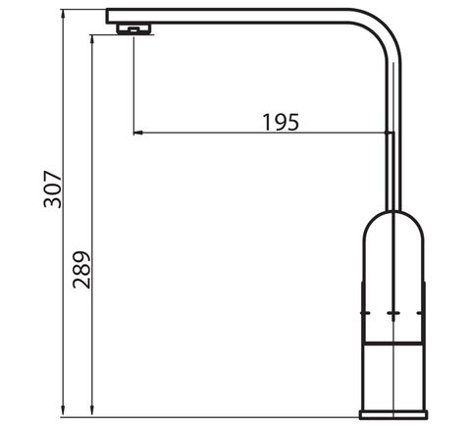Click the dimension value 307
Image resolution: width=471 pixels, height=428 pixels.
(53, 189)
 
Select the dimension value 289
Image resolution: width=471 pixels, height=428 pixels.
(81, 270)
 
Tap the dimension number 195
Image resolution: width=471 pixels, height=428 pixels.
(281, 122)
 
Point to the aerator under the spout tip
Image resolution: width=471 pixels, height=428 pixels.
(134, 28)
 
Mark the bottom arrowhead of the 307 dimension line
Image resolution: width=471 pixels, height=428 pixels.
(64, 412)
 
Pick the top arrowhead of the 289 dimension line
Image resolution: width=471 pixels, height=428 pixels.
(92, 40)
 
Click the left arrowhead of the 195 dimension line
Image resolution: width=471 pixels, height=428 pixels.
(138, 133)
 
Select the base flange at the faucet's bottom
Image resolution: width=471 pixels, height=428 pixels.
(393, 414)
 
